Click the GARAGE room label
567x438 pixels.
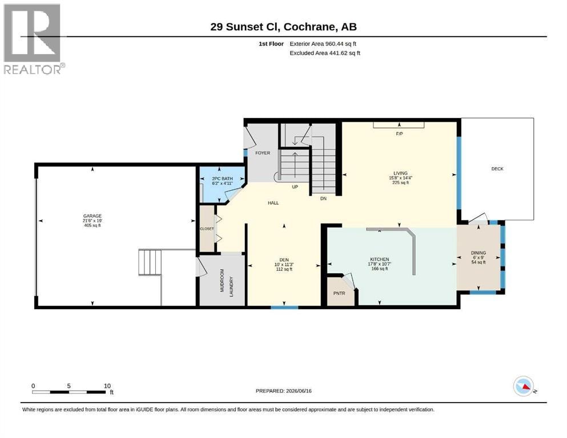[x=92, y=216]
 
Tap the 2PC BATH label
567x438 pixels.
[x=222, y=179]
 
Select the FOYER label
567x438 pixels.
[x=263, y=153]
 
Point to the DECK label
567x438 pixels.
[x=497, y=169]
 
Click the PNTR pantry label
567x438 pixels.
[x=339, y=293]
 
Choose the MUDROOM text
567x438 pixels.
[x=222, y=280]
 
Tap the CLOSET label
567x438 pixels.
[x=207, y=229]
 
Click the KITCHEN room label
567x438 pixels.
[x=379, y=259]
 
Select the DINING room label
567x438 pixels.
[x=478, y=253]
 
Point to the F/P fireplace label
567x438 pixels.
[x=399, y=134]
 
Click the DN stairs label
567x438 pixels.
[x=323, y=198]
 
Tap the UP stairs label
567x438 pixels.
[x=295, y=186]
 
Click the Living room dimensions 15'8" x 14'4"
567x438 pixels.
[x=400, y=178]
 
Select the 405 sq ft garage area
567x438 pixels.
[x=92, y=225]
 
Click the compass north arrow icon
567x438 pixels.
[x=524, y=386]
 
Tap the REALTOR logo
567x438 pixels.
[x=34, y=39]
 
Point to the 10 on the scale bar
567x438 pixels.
[x=107, y=386]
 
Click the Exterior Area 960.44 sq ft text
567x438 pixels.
[x=323, y=44]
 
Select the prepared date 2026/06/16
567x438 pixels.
[x=299, y=391]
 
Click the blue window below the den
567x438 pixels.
[x=284, y=307]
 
